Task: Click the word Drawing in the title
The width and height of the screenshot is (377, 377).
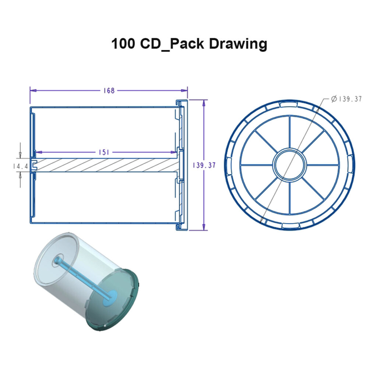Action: pyautogui.click(x=238, y=44)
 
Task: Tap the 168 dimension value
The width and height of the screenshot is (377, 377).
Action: pyautogui.click(x=109, y=90)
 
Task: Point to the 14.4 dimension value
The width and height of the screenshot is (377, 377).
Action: pyautogui.click(x=20, y=166)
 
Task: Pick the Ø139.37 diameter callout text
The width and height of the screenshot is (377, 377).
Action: pyautogui.click(x=346, y=99)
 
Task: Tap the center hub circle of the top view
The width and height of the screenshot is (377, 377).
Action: pyautogui.click(x=290, y=165)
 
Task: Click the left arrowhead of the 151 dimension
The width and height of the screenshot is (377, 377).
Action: pyautogui.click(x=37, y=152)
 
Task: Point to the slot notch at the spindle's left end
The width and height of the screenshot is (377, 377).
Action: pyautogui.click(x=33, y=165)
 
